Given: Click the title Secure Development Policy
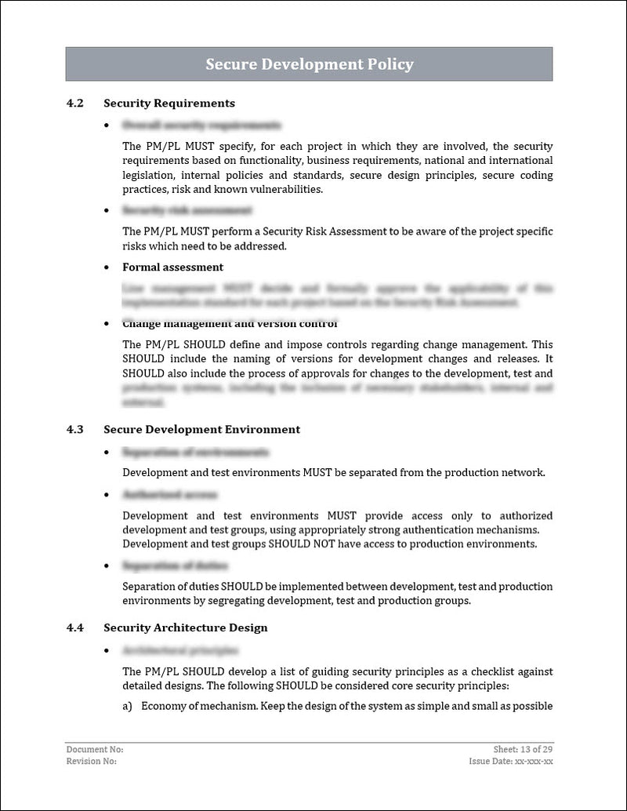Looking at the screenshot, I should (310, 64).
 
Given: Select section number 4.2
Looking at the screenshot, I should (74, 103).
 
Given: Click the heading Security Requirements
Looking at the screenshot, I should (169, 103).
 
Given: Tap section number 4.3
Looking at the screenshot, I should (74, 429).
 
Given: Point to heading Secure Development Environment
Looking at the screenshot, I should (201, 429).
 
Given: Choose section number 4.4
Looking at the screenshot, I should (74, 627).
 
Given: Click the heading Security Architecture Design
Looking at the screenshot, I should (186, 627).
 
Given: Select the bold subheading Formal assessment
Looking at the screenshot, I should (172, 267).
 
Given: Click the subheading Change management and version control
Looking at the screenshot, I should (230, 324).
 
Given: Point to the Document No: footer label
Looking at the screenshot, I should (95, 750).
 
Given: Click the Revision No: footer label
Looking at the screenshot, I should (92, 761).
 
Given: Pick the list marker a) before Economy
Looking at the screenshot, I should (127, 706).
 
